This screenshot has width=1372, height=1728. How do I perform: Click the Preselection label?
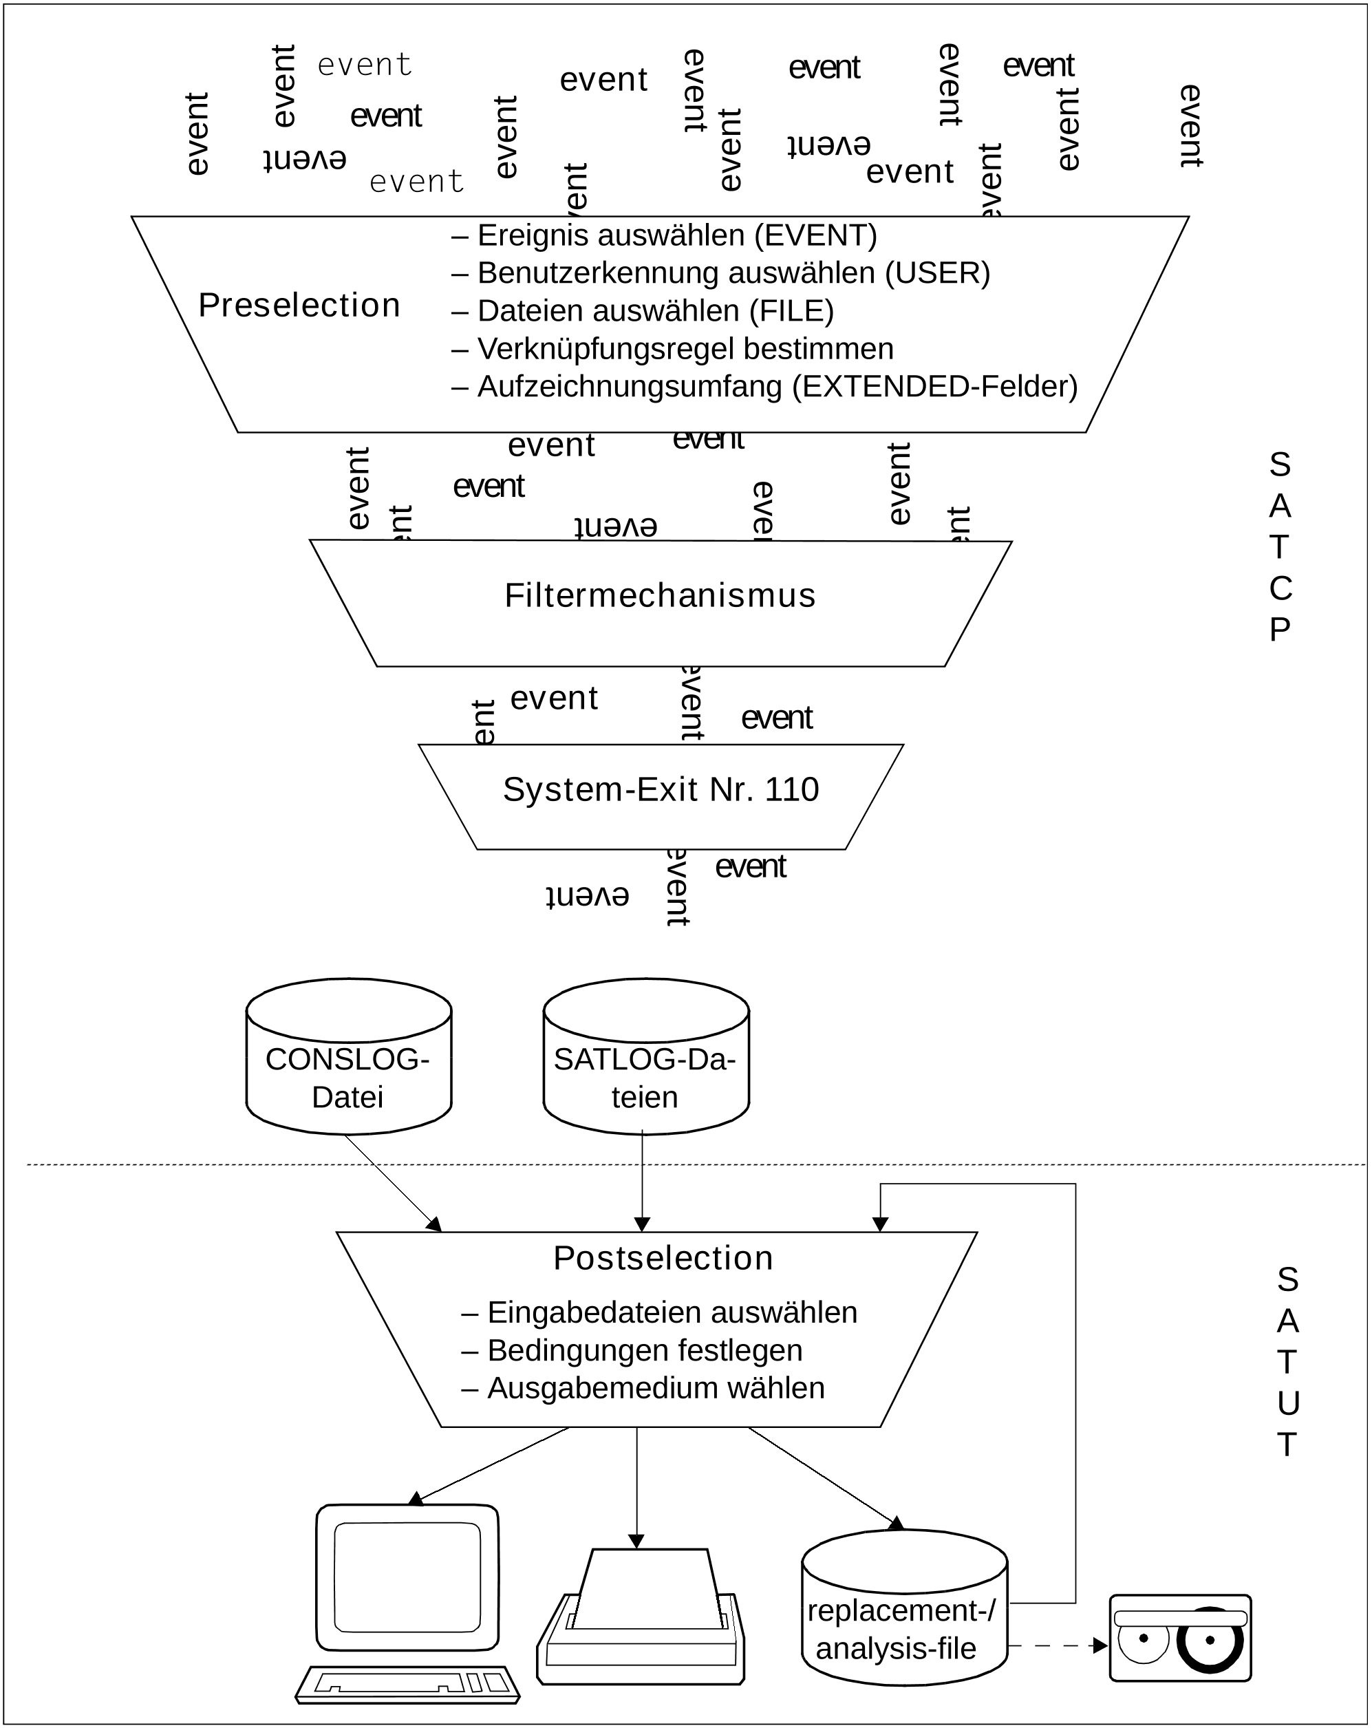299,306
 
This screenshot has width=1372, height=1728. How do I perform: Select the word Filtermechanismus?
660,595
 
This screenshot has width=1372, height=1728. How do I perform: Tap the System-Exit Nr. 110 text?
661,789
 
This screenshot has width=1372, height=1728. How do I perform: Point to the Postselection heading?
663,1259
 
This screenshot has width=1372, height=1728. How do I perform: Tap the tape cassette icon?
1179,1637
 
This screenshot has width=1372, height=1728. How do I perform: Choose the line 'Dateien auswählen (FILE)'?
656,311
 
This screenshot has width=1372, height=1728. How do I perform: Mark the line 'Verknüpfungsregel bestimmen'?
685,349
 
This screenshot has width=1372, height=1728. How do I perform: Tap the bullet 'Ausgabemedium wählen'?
656,1388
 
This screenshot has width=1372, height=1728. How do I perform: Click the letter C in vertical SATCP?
1280,589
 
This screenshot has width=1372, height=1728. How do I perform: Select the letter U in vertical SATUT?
1287,1403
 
